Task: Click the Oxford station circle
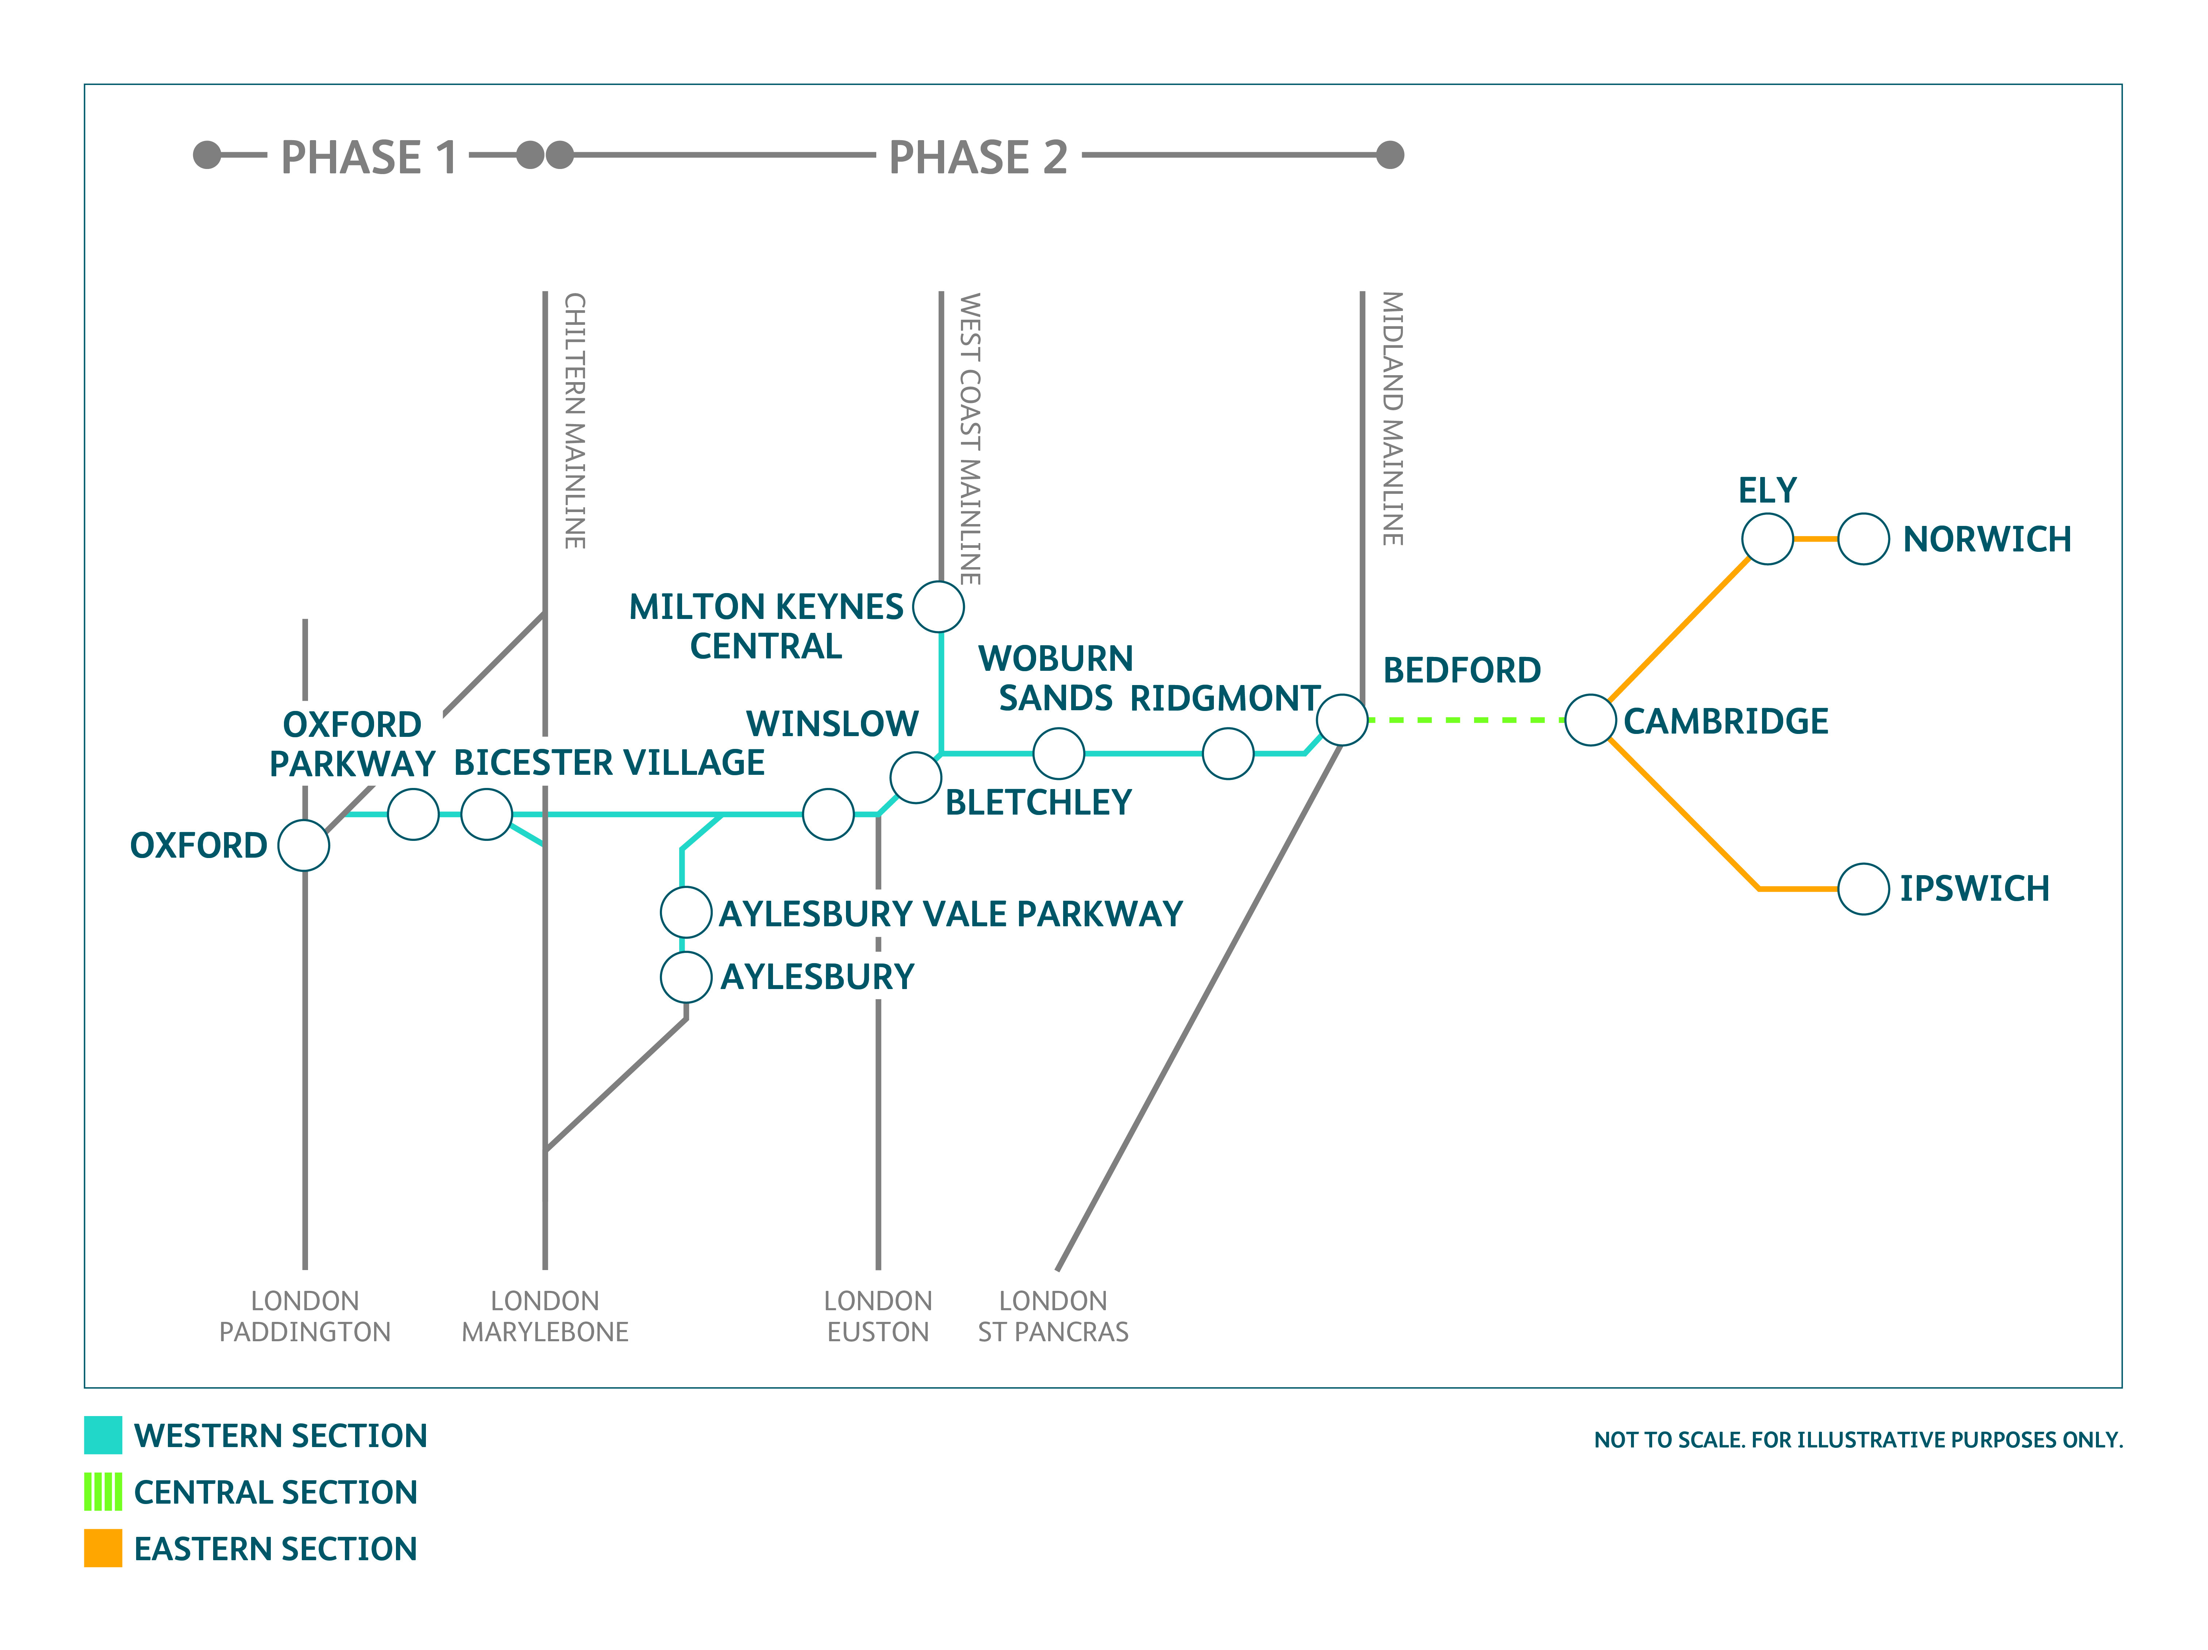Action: pos(303,846)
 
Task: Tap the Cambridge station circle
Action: pos(1590,720)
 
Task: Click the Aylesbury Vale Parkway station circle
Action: pos(686,912)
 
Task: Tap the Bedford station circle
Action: pos(1342,720)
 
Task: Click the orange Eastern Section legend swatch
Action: pos(103,1548)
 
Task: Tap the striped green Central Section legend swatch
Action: pos(103,1491)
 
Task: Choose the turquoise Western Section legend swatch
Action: pos(103,1434)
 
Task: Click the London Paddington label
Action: pos(304,1316)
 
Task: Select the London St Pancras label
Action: pos(1053,1316)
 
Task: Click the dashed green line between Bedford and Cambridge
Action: pos(1465,720)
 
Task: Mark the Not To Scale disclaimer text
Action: pos(1858,1439)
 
